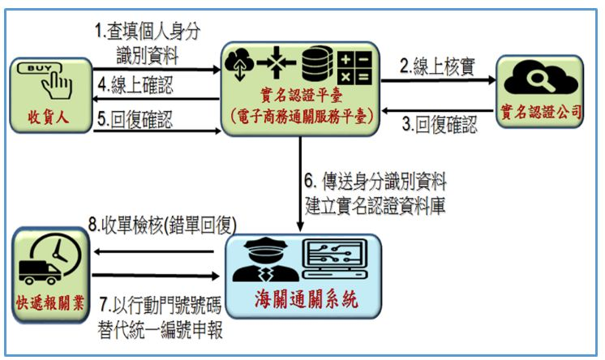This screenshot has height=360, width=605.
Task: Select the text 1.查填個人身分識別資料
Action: click(x=147, y=44)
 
